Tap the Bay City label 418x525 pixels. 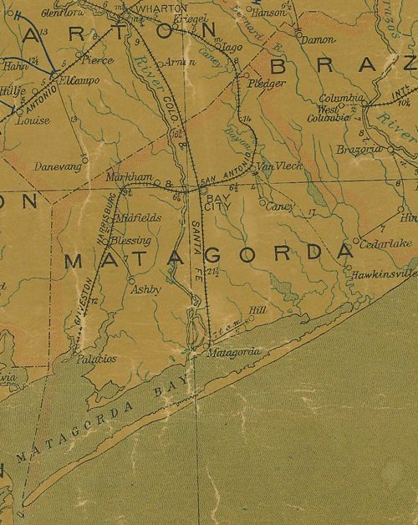tap(217, 201)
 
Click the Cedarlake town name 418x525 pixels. tap(384, 243)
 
